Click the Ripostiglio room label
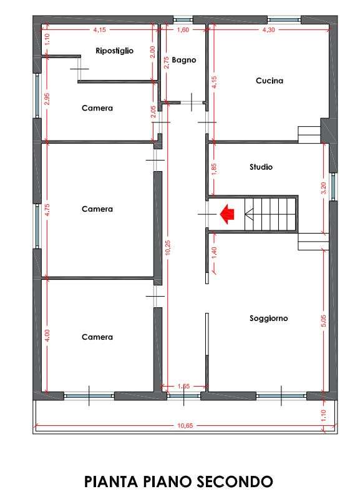coord(115,51)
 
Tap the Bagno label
coord(184,60)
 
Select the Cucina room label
coord(270,81)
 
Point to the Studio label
coord(261,167)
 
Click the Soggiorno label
coord(269,319)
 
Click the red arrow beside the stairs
coord(228,214)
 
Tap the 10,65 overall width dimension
coord(185,426)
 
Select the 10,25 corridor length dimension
coord(167,247)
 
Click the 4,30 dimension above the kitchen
coord(268,29)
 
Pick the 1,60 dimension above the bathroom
coord(183,29)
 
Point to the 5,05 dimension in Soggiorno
coord(324,321)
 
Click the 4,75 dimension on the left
coord(47,210)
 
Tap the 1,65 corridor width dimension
coord(183,386)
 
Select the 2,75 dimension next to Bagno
coord(167,62)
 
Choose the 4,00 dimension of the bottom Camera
coord(47,335)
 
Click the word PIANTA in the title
coord(111,482)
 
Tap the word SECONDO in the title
coord(235,482)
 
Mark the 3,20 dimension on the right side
coord(324,188)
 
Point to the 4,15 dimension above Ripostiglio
coord(99,30)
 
